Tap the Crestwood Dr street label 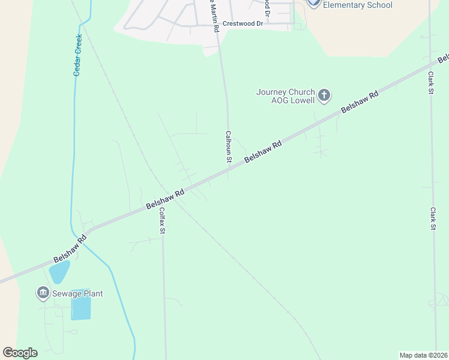[243, 24]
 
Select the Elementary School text [358, 5]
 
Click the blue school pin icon [313, 2]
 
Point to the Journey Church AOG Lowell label [285, 96]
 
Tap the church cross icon [324, 95]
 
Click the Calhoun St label [228, 147]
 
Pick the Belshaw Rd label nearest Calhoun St [263, 153]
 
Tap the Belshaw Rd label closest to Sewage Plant [70, 248]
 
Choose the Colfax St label [161, 220]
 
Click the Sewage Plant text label [77, 293]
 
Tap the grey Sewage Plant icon [43, 293]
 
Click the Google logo [20, 353]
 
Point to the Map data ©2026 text [423, 355]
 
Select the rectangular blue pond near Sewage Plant [81, 308]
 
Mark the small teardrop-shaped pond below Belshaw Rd [59, 272]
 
